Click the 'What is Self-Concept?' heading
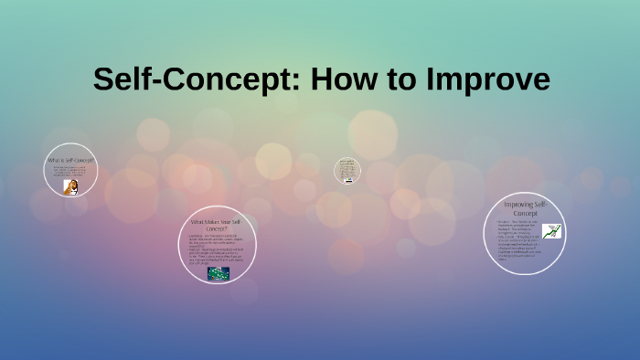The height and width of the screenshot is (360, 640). pyautogui.click(x=70, y=161)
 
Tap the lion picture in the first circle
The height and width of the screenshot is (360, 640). pyautogui.click(x=70, y=185)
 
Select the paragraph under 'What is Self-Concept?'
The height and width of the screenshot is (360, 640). pyautogui.click(x=69, y=172)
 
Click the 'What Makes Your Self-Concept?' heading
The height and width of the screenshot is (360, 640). pyautogui.click(x=216, y=226)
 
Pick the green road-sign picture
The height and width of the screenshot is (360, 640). pyautogui.click(x=218, y=273)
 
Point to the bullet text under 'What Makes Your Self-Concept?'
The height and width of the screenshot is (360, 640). pyautogui.click(x=216, y=250)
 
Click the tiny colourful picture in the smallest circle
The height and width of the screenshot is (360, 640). pyautogui.click(x=347, y=180)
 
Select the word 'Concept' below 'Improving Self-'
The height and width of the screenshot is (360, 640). pyautogui.click(x=530, y=213)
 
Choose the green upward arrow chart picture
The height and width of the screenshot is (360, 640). pyautogui.click(x=552, y=232)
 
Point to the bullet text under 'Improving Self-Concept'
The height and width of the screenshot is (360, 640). pyautogui.click(x=520, y=241)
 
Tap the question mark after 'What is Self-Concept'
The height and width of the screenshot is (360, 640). pyautogui.click(x=92, y=161)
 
